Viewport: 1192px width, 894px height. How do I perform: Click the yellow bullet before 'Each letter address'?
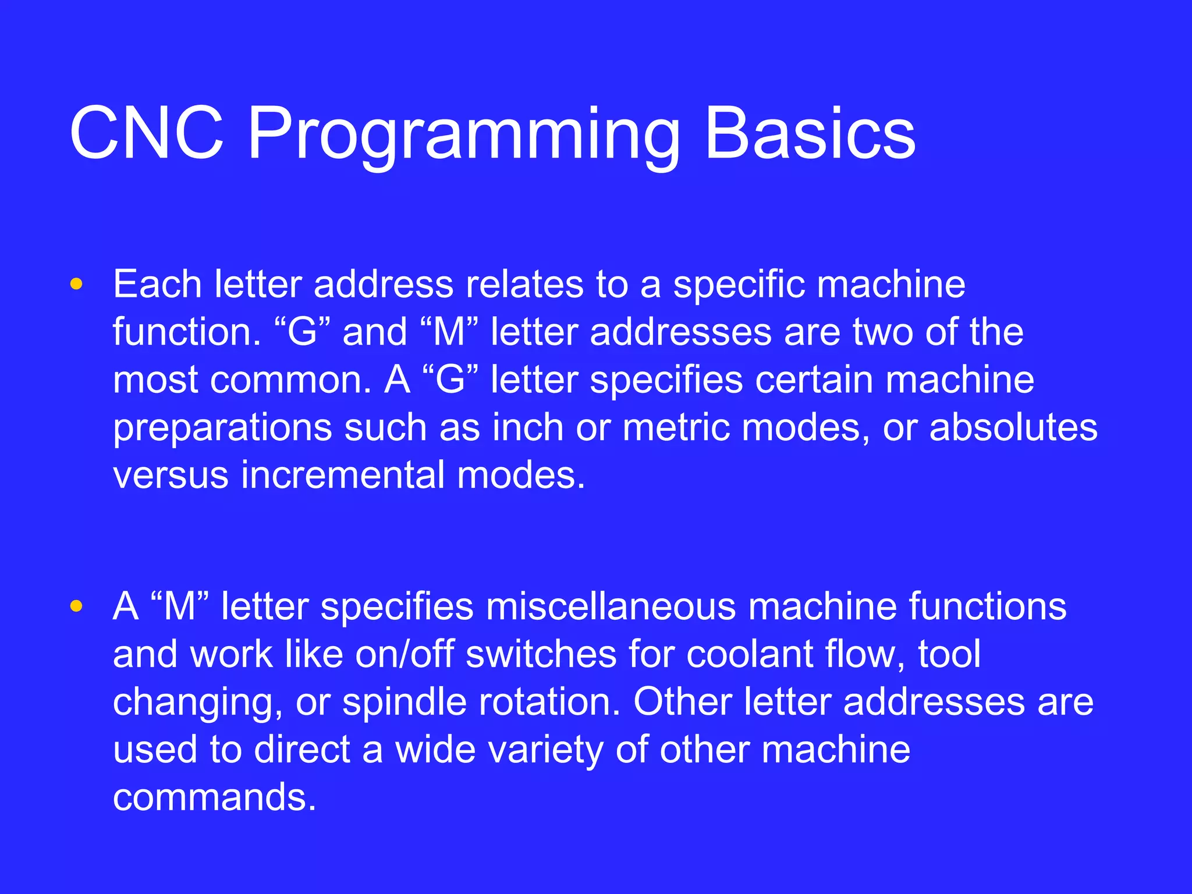76,285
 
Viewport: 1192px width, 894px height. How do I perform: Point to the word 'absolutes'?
1013,428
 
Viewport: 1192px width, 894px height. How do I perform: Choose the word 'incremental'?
343,476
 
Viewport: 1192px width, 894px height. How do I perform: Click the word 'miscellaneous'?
611,607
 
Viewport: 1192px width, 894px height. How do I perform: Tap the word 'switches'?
541,655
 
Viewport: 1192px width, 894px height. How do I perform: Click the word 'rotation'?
549,703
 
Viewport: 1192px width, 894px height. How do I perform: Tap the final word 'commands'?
214,797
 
